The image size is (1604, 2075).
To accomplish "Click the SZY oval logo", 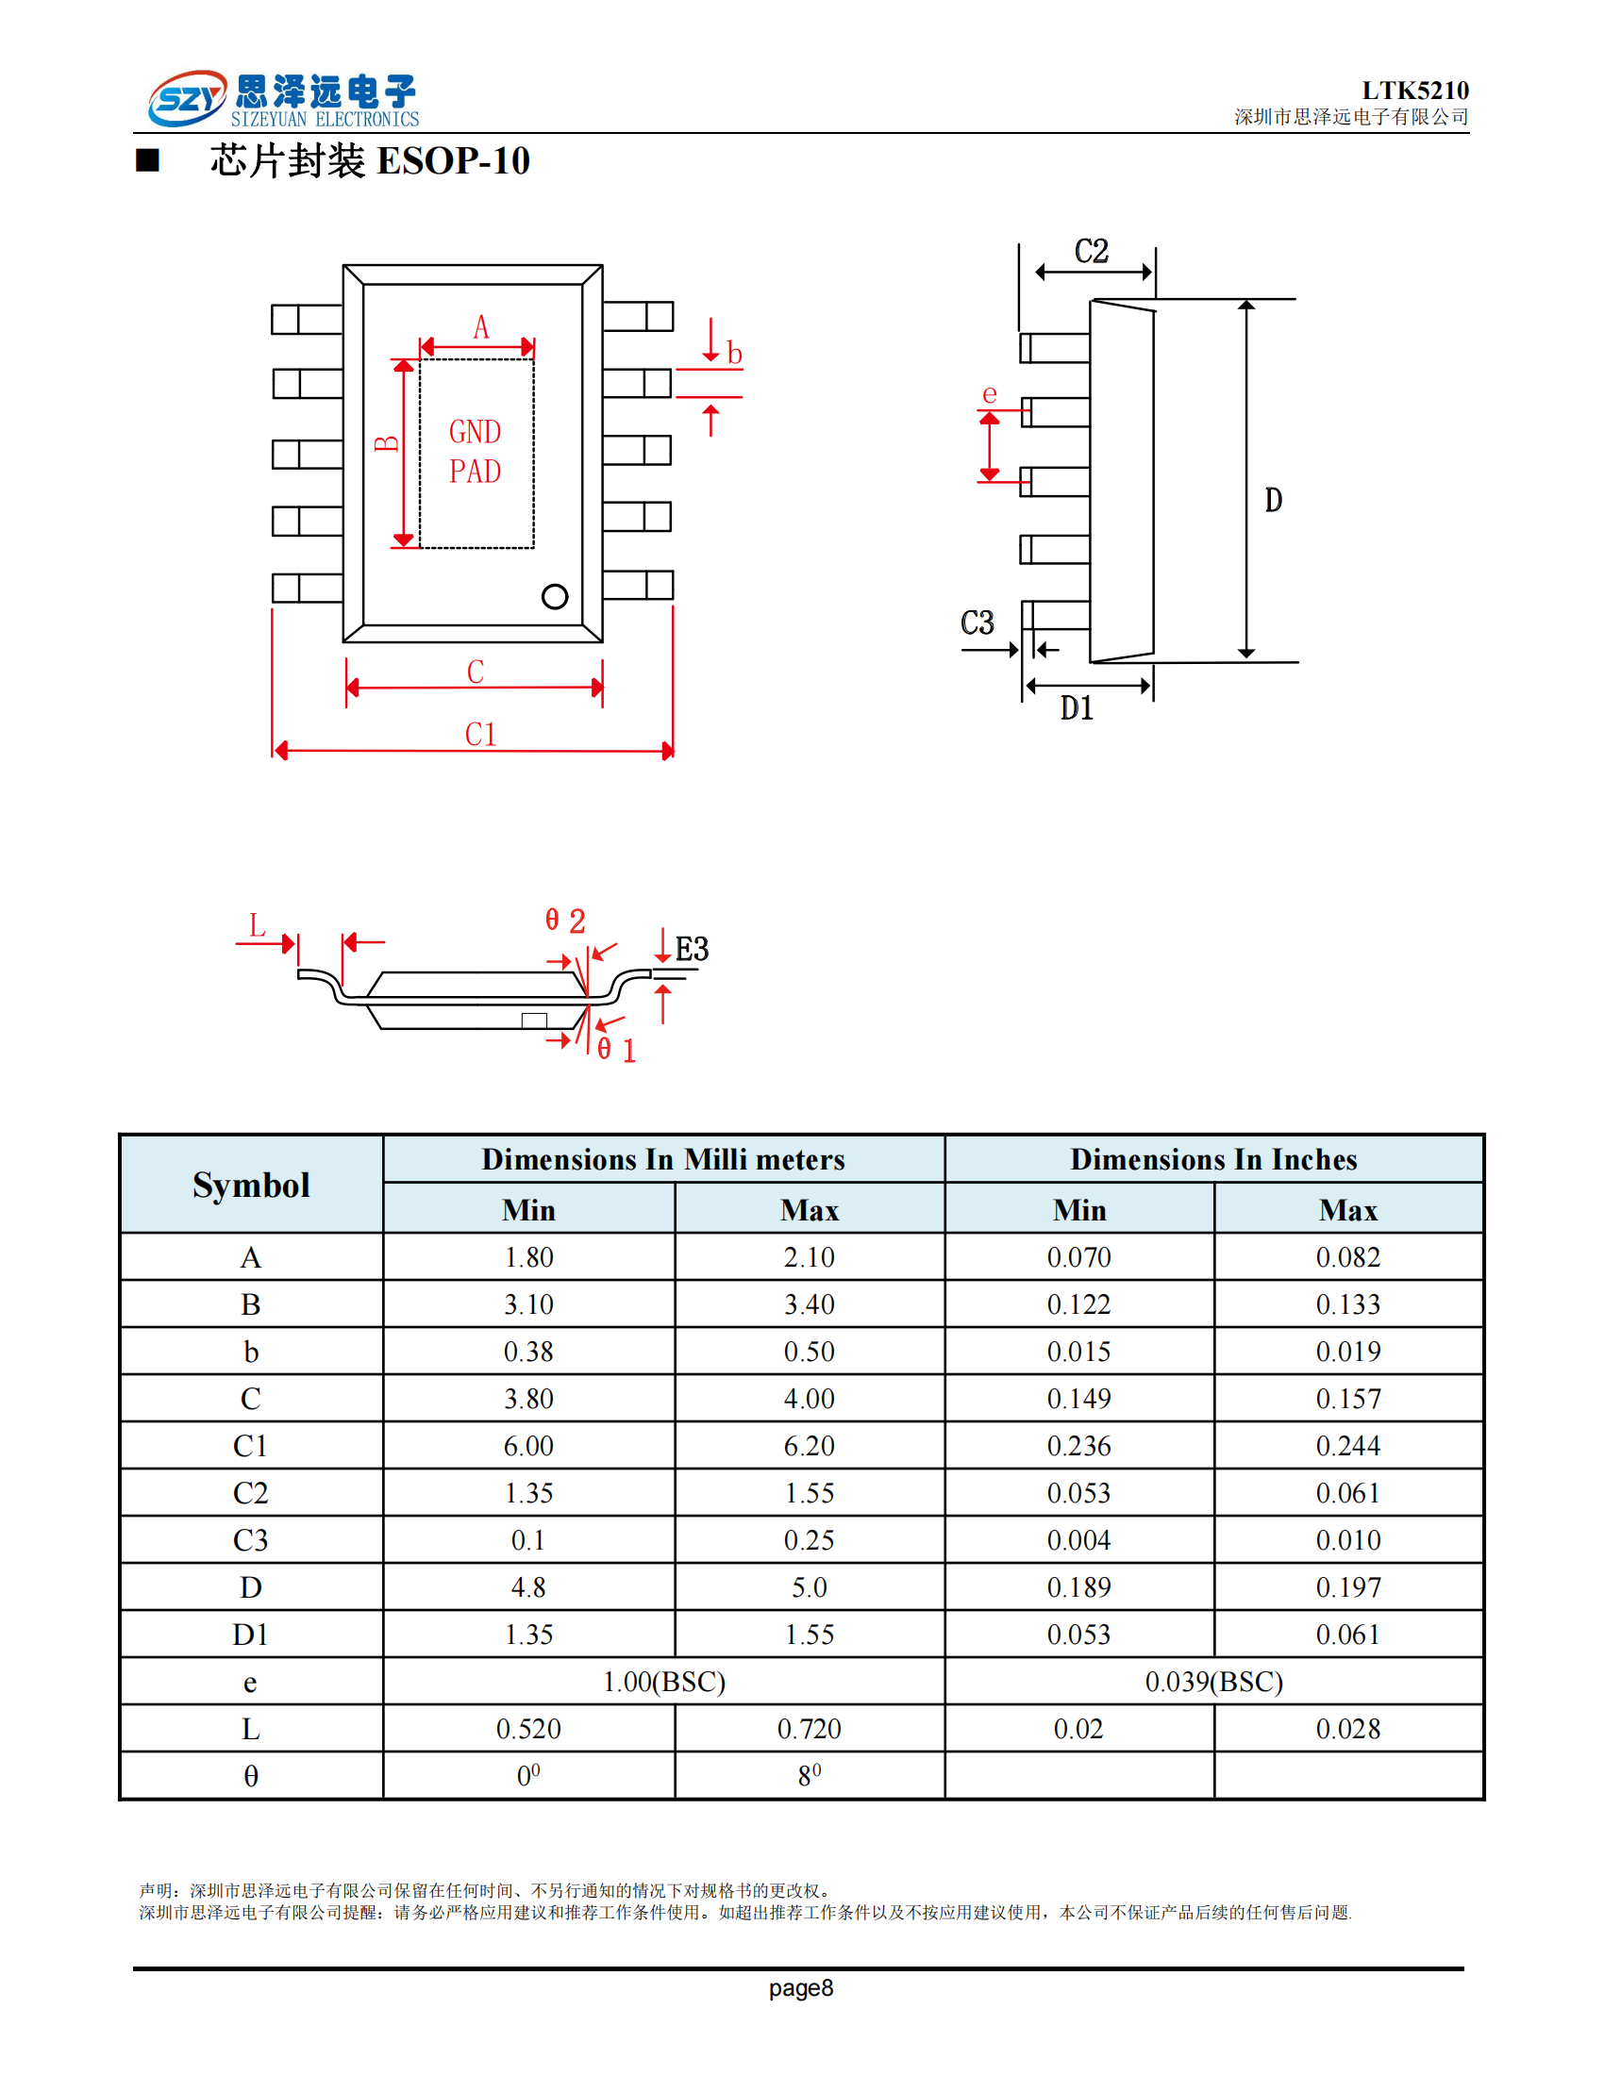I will pos(187,98).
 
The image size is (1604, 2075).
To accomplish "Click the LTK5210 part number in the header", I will pos(1414,91).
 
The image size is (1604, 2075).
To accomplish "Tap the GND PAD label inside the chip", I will pos(475,451).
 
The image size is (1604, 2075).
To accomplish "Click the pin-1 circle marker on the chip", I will pos(555,597).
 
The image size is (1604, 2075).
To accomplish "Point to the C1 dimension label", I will pos(480,735).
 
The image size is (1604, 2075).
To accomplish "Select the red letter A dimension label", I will pos(481,328).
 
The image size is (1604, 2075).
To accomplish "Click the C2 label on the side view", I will pos(1091,252).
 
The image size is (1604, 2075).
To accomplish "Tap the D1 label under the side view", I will pos(1076,707).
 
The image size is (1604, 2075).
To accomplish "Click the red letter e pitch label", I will pos(989,393).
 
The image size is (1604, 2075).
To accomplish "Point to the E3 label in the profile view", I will pos(692,948).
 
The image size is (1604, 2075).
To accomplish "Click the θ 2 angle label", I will pos(565,920).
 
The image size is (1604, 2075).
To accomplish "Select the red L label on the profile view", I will pos(257,925).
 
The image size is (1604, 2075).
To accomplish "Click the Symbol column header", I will pos(251,1185).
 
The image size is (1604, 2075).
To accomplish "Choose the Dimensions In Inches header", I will pos(1213,1159).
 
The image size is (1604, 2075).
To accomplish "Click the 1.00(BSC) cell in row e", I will pos(663,1682).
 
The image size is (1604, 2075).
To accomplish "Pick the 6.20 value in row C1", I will pos(809,1446).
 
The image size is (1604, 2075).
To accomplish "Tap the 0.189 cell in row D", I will pos(1078,1587).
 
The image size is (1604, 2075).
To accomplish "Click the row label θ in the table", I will pos(251,1776).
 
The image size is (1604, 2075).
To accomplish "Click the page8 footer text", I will pos(801,1987).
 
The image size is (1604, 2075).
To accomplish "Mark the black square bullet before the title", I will pos(147,159).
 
